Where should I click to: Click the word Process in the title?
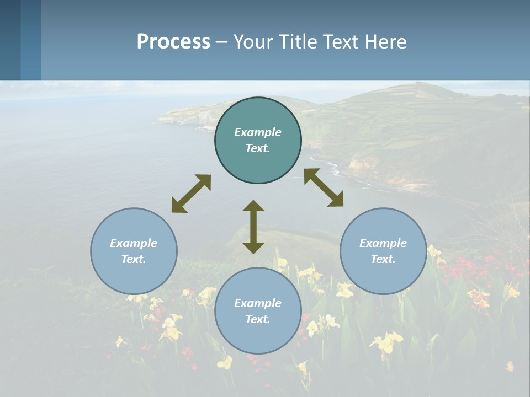coord(173,42)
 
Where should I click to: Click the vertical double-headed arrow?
coord(253,227)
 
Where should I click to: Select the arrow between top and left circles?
coord(191,194)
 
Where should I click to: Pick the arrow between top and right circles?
coord(324,187)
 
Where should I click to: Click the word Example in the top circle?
coord(258,132)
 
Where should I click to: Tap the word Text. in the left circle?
coord(134,259)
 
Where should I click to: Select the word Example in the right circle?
coord(383,243)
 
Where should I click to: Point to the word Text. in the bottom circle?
coord(258,319)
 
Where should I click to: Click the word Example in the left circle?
coord(134,243)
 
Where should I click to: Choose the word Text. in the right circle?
coord(383,259)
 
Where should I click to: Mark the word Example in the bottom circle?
coord(258,303)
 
